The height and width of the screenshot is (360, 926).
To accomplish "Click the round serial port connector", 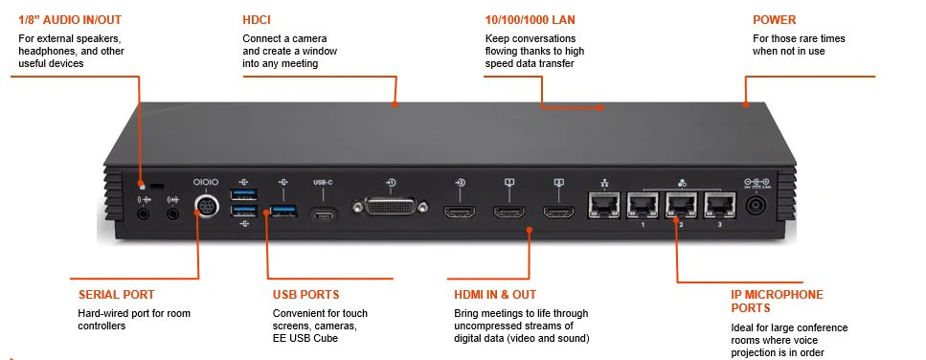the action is [x=207, y=206].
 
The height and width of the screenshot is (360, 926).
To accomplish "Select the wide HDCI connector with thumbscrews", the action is [x=390, y=207].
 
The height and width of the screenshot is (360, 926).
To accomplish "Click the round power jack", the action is [x=755, y=207].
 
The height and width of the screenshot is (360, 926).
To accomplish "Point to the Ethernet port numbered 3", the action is [x=720, y=205].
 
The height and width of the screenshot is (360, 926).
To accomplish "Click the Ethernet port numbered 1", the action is [x=643, y=205].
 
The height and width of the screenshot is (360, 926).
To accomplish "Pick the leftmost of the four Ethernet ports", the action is [x=603, y=205].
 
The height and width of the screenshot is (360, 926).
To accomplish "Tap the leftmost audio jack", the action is [x=143, y=214].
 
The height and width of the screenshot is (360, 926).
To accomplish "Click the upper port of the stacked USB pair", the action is [x=243, y=194].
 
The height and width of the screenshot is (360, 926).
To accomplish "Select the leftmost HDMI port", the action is [x=460, y=211].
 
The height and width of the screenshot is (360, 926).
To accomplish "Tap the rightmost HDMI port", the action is [x=558, y=211].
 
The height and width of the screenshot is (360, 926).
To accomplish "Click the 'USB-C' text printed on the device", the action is [x=323, y=182].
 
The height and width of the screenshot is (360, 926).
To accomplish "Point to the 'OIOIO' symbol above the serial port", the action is [x=206, y=182].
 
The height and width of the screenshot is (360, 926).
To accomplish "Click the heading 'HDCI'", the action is [x=257, y=20].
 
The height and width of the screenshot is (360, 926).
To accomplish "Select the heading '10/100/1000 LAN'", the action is [x=530, y=20].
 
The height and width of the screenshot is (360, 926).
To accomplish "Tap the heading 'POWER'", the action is [x=775, y=20].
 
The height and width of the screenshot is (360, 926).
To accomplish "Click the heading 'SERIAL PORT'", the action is [x=116, y=295].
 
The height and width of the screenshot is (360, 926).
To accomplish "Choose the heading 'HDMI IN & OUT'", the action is [x=495, y=295].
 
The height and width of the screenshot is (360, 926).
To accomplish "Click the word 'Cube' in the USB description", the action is [x=327, y=338].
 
